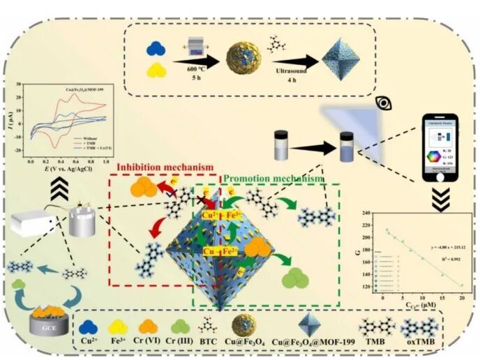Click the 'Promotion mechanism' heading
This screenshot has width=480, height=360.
[274, 179]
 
